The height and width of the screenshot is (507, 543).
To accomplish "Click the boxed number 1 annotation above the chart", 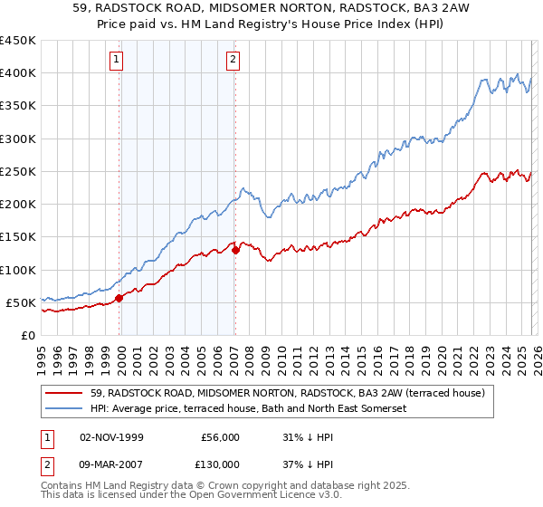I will pyautogui.click(x=118, y=61).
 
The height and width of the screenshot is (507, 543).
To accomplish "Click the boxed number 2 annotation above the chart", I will pyautogui.click(x=233, y=61).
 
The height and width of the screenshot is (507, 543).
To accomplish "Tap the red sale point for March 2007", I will pyautogui.click(x=235, y=250).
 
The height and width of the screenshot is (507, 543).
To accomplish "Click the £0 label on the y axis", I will pyautogui.click(x=27, y=336).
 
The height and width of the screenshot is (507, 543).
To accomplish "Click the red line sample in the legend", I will pyautogui.click(x=65, y=393).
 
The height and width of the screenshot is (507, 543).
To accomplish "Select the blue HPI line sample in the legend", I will pyautogui.click(x=65, y=409).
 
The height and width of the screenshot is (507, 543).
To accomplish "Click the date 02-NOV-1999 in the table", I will pyautogui.click(x=111, y=436).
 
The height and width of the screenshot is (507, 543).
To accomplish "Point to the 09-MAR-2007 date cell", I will pyautogui.click(x=112, y=464).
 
